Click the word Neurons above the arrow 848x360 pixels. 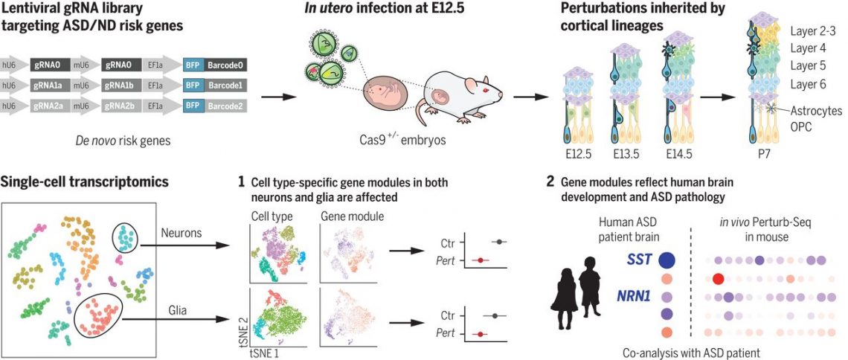click(x=181, y=233)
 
